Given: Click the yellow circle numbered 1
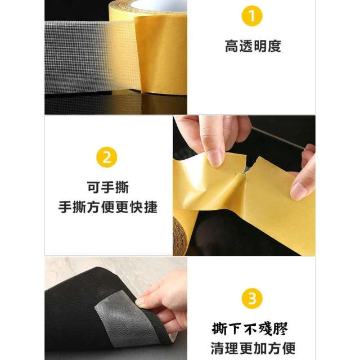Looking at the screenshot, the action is [x=252, y=16].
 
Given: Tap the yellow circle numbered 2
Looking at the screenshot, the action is [x=107, y=157].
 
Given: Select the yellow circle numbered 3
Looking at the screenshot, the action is [x=252, y=299].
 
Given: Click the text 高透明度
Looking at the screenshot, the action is [x=253, y=46].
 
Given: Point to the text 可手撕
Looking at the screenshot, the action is [x=107, y=187].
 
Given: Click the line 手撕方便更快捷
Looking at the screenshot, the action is [x=107, y=207].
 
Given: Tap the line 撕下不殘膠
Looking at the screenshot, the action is [x=250, y=328].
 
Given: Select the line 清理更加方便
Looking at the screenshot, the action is [x=253, y=348].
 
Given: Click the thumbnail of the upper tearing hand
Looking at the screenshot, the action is [x=215, y=158].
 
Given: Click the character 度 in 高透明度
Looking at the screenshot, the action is [x=274, y=46].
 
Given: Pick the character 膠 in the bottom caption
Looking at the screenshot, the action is [x=281, y=328].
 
